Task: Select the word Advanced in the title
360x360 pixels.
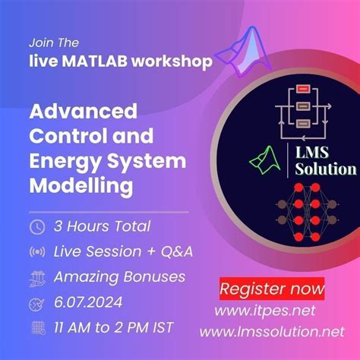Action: (x=83, y=111)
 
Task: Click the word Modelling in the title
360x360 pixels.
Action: (x=81, y=184)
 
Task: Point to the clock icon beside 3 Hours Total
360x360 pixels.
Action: (x=36, y=226)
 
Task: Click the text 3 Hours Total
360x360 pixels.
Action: (x=102, y=226)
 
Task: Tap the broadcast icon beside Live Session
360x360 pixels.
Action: (x=36, y=251)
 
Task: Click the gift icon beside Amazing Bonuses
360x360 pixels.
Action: (x=36, y=277)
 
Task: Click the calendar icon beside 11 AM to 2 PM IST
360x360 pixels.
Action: (x=36, y=328)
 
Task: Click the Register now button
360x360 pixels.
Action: (x=271, y=289)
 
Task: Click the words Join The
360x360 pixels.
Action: (x=53, y=43)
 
